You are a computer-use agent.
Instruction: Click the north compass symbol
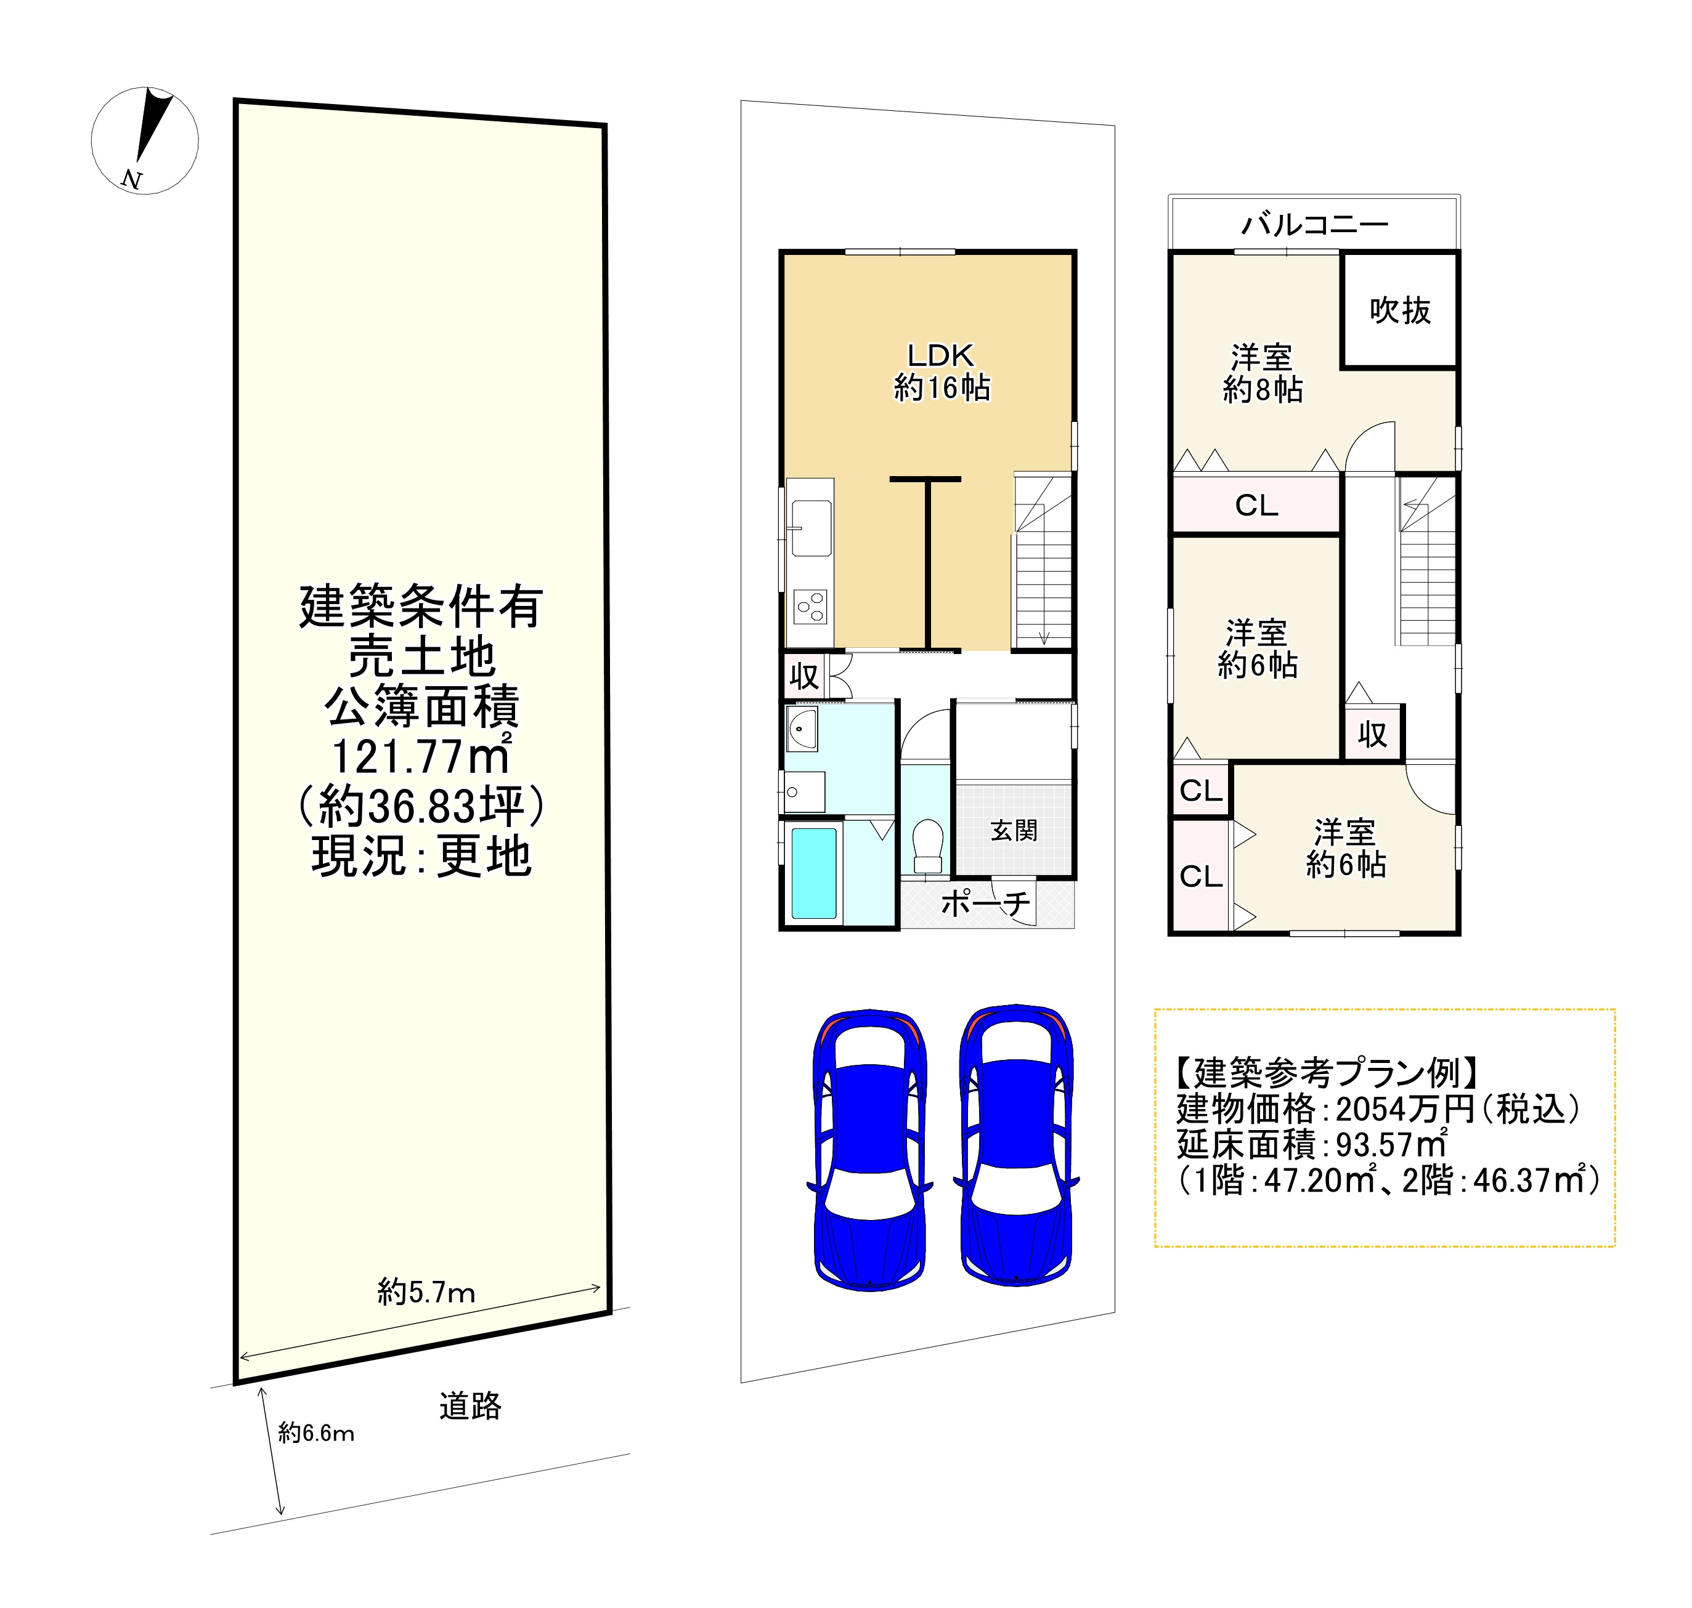[144, 140]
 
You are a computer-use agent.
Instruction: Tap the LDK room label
[941, 355]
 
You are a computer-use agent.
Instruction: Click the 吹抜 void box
[1399, 310]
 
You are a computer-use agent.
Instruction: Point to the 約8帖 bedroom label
[1263, 390]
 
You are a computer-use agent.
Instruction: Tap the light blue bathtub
[813, 873]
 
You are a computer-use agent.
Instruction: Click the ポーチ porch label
[985, 903]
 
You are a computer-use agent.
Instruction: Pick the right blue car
[1016, 1145]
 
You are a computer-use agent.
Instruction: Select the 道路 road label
[470, 1407]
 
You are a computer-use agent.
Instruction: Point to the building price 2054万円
[1405, 1109]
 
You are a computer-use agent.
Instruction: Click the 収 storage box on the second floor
[1372, 733]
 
